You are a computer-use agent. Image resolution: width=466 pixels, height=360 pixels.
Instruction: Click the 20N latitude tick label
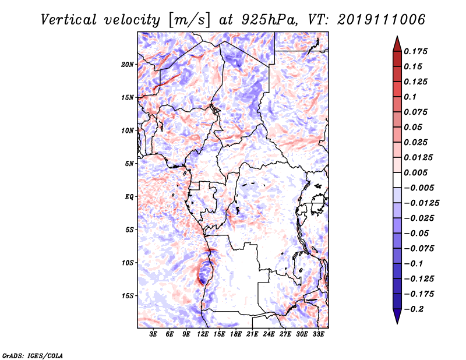[x=128, y=64]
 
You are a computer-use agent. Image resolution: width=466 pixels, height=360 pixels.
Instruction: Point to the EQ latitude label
[x=129, y=196]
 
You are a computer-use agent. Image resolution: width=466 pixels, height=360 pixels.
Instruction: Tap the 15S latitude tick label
[x=128, y=295]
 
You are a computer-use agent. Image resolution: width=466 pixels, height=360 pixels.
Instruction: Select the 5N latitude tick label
[x=129, y=164]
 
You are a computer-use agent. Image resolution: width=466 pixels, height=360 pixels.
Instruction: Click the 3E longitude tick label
[x=154, y=334]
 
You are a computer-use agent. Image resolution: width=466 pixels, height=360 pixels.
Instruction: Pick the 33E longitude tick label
[x=319, y=334]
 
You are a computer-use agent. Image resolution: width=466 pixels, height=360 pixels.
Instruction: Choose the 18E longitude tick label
[x=236, y=334]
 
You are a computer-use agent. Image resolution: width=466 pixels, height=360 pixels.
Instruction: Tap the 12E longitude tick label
[x=203, y=334]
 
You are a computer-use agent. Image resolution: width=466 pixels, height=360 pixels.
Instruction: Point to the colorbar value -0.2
[x=415, y=309]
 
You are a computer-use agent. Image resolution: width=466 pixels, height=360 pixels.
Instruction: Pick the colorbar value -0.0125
[x=423, y=203]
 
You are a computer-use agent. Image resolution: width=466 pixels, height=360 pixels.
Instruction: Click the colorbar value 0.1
[x=412, y=97]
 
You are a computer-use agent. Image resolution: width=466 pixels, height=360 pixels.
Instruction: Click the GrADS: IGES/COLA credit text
[x=25, y=355]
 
